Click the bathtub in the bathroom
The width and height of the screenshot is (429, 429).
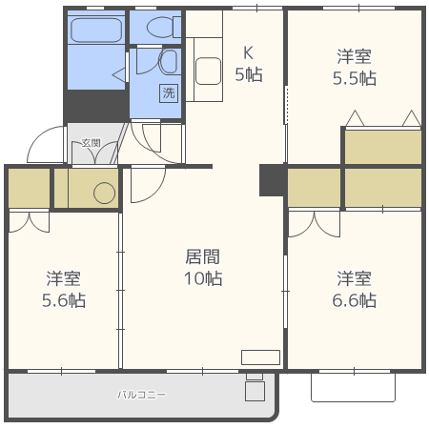pyautogui.click(x=96, y=31)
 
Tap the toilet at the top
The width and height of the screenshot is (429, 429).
pyautogui.click(x=158, y=29)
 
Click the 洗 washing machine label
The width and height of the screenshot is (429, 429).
pyautogui.click(x=169, y=93)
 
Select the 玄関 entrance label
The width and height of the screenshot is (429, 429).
pyautogui.click(x=91, y=143)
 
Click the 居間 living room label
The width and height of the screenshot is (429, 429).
pyautogui.click(x=202, y=256)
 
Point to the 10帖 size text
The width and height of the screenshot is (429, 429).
pyautogui.click(x=202, y=279)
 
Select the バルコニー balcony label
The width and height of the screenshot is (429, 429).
pyautogui.click(x=141, y=394)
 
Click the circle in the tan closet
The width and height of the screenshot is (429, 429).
pyautogui.click(x=104, y=194)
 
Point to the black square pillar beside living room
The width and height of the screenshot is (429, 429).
pyautogui.click(x=272, y=180)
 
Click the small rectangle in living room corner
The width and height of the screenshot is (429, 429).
pyautogui.click(x=259, y=357)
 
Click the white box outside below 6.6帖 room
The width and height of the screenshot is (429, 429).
pyautogui.click(x=353, y=386)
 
